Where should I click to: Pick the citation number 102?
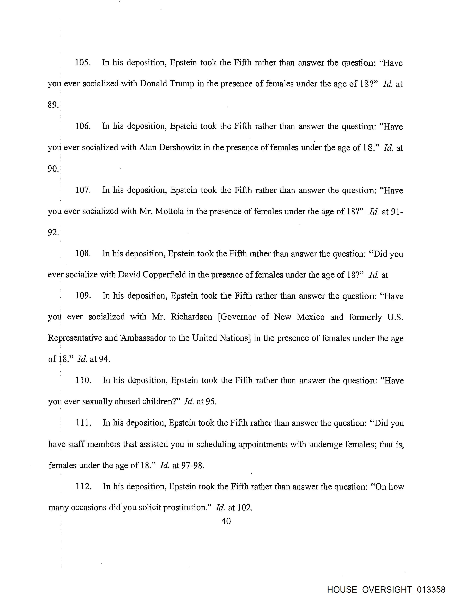tap(245, 508)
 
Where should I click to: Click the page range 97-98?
tap(192, 466)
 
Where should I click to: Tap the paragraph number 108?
tap(83, 254)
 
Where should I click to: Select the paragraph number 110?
tap(83, 381)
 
